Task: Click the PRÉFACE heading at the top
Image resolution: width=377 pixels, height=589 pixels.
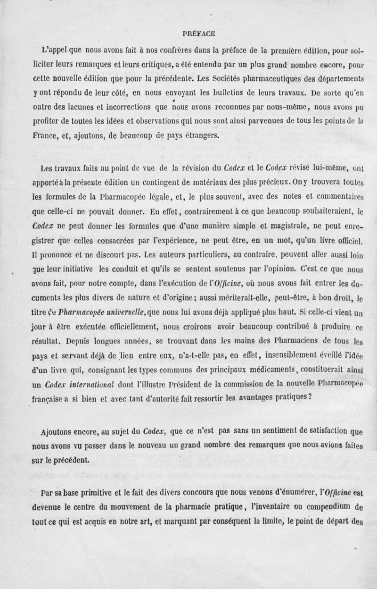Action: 198,33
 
